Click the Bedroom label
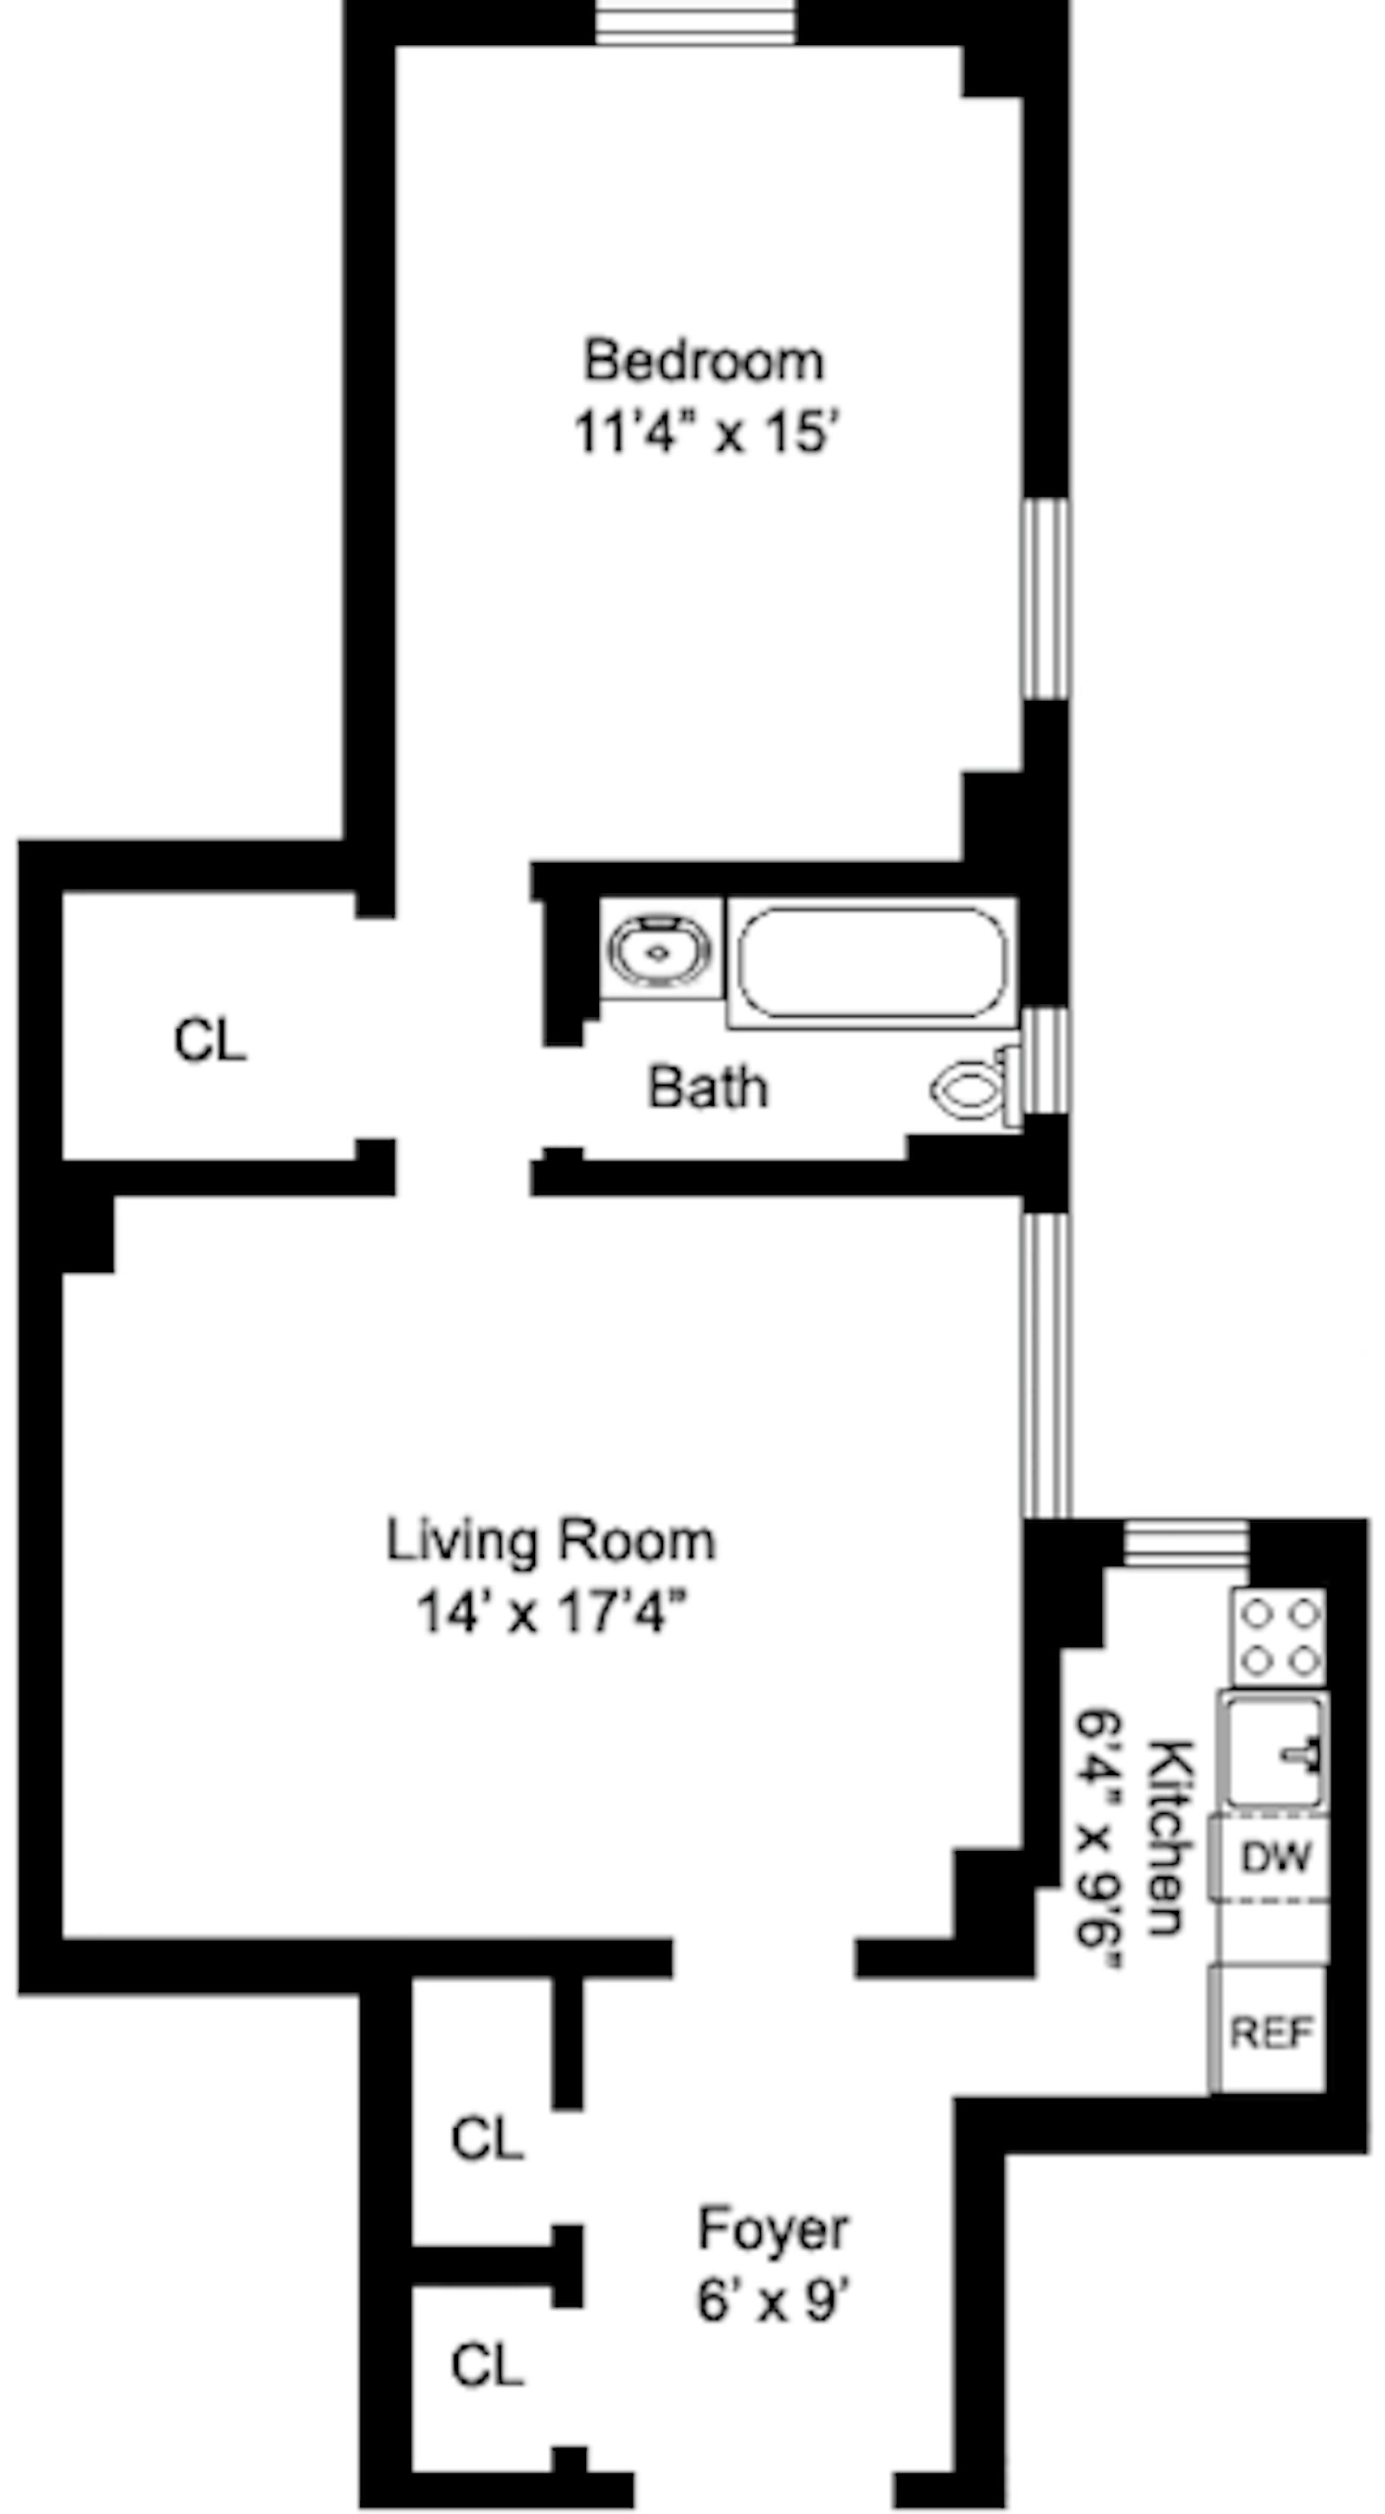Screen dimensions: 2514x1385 pos(704,360)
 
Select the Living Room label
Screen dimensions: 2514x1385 pos(551,1541)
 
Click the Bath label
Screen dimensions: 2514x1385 pos(707,1087)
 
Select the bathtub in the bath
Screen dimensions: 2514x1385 pos(872,962)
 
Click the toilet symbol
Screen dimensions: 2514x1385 pos(971,1086)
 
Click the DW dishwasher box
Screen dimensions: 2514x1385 pos(1272,1856)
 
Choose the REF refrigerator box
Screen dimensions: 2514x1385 pos(1271,2032)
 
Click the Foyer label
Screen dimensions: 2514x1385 pos(772,2229)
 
